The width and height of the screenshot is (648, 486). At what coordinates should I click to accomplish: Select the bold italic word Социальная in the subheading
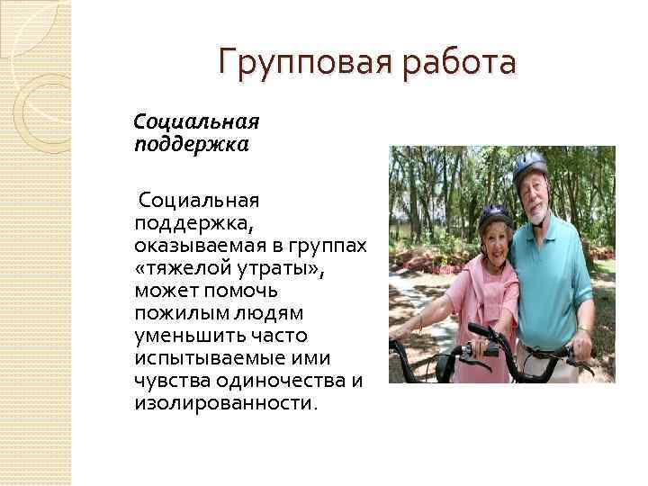[x=196, y=121]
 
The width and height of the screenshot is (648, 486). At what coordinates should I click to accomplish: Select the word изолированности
[x=225, y=403]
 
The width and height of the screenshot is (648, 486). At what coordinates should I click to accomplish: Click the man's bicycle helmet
[x=530, y=166]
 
